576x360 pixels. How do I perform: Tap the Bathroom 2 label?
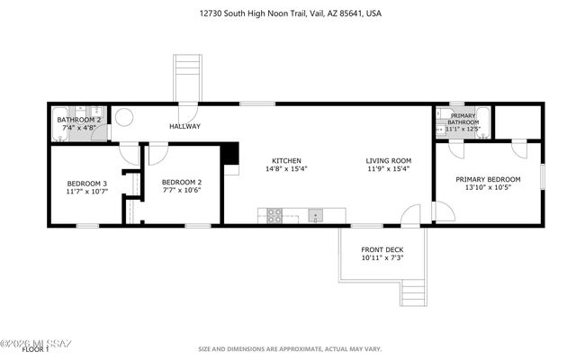pyautogui.click(x=77, y=120)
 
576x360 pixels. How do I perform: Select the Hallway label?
pyautogui.click(x=185, y=126)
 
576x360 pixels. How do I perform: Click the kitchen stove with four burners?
pyautogui.click(x=273, y=215)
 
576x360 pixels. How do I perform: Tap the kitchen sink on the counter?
pyautogui.click(x=315, y=215)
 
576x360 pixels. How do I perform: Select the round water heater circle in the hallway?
pyautogui.click(x=124, y=117)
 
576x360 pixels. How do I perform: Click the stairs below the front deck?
pyautogui.click(x=412, y=292)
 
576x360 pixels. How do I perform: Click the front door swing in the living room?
pyautogui.click(x=409, y=215)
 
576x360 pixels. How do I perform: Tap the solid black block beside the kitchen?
pyautogui.click(x=230, y=155)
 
